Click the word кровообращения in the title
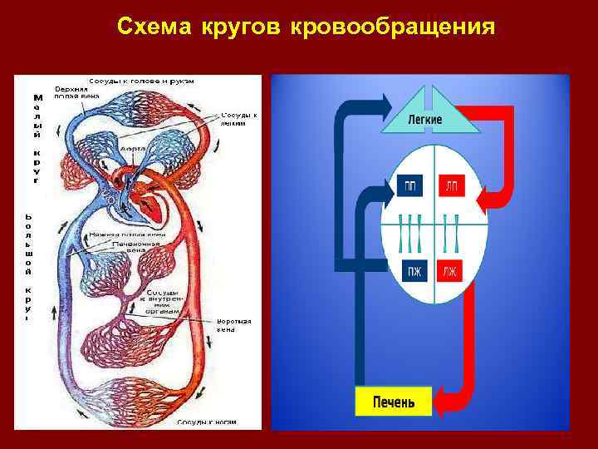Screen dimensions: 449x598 click(393, 27)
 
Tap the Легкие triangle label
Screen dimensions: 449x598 click(424, 120)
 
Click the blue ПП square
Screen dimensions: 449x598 click(410, 187)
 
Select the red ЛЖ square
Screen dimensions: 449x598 click(449, 270)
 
